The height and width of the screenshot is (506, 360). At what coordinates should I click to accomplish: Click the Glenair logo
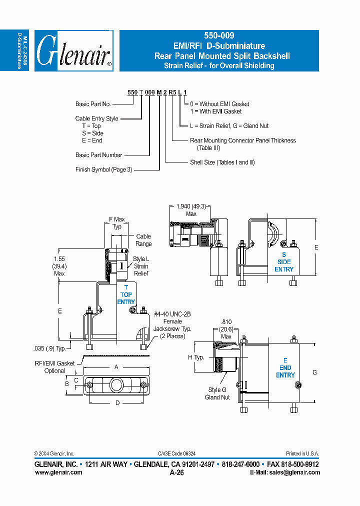(74, 50)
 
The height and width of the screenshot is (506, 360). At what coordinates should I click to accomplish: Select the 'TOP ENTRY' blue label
(126, 294)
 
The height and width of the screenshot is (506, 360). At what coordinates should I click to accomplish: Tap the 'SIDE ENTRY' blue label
(284, 262)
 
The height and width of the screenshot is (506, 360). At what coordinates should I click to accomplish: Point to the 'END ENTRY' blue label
(285, 367)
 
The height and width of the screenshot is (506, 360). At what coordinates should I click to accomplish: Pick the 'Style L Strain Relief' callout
(141, 266)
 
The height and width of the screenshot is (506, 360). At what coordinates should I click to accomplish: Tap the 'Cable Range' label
(143, 240)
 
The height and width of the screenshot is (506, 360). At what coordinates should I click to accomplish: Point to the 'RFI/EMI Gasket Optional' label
(55, 367)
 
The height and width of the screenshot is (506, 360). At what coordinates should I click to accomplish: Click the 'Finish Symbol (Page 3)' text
(104, 169)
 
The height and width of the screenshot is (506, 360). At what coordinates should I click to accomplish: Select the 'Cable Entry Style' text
(97, 118)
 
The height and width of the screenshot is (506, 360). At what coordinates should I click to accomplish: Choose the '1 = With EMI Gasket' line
(215, 111)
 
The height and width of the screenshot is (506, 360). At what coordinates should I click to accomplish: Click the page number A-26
(177, 472)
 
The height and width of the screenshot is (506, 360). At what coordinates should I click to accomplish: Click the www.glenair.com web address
(58, 472)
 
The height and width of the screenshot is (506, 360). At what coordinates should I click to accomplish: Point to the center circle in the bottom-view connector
(116, 385)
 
